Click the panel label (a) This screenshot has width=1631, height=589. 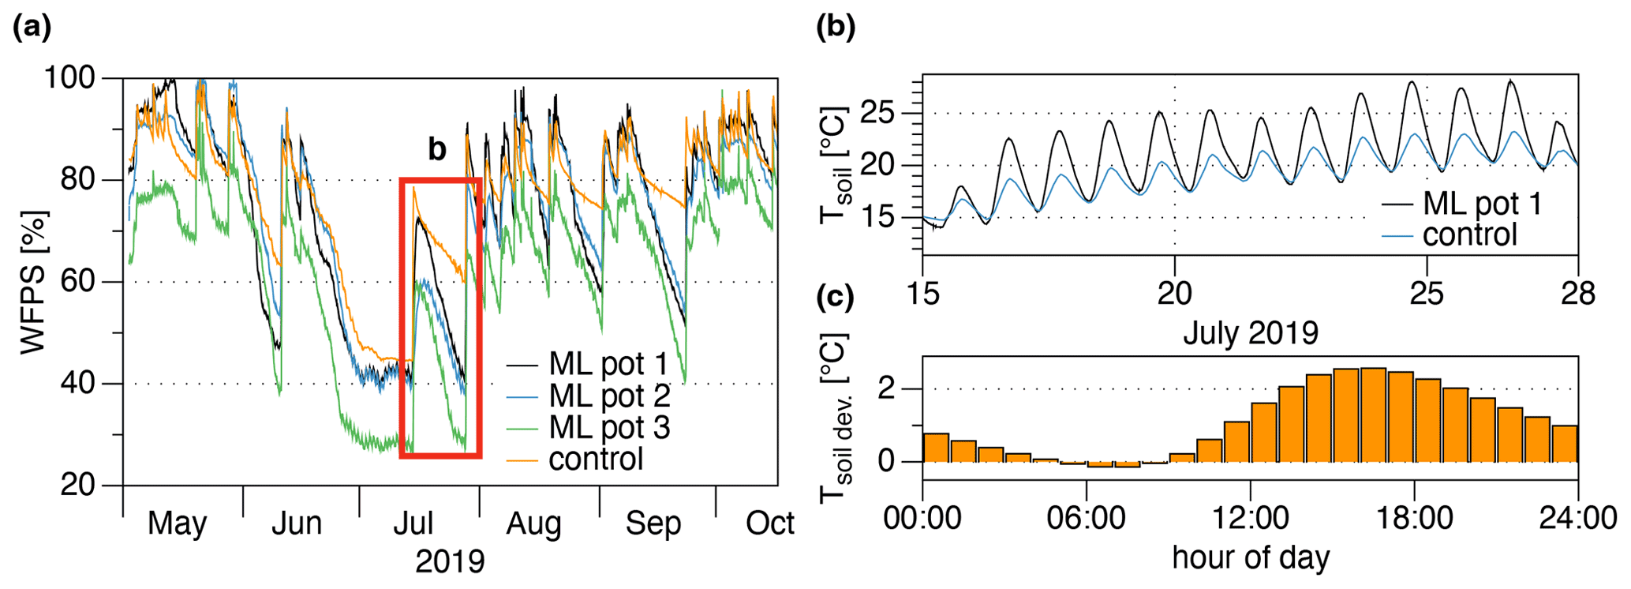coord(32,28)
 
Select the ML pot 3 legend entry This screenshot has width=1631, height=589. coord(608,428)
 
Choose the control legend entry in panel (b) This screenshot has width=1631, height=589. coord(1469,235)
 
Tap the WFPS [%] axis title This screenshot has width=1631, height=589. coord(34,282)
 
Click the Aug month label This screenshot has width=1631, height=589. coord(534,523)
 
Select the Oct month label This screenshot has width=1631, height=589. coord(769,523)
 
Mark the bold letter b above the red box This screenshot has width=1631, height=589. coord(436,148)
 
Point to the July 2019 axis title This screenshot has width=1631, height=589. coord(1250,333)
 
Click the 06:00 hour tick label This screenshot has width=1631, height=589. coord(1086,519)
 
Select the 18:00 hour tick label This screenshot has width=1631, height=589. coord(1413,519)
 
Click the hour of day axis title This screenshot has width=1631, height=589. coord(1250,557)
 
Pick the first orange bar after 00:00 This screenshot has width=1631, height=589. coord(936,448)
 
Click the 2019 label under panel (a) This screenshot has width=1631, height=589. coord(450,561)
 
